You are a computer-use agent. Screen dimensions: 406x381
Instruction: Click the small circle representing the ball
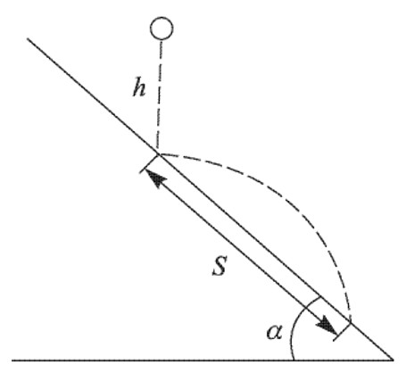[x=162, y=29]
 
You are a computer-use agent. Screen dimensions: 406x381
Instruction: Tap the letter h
[x=139, y=87]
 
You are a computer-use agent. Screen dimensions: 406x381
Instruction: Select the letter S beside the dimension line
[x=220, y=265]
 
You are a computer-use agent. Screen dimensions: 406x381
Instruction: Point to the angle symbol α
[x=274, y=332]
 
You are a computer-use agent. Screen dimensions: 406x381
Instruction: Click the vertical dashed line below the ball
[x=160, y=96]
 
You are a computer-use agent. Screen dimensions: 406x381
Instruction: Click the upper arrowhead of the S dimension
[x=156, y=179]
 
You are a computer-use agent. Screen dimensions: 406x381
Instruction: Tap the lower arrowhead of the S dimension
[x=327, y=327]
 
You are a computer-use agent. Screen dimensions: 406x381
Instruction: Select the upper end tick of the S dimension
[x=150, y=163]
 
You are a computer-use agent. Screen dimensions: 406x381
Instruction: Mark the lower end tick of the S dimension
[x=343, y=331]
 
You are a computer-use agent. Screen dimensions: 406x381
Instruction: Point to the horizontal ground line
[x=203, y=360]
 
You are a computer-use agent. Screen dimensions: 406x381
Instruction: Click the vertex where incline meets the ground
[x=393, y=360]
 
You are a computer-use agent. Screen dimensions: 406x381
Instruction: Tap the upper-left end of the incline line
[x=28, y=38]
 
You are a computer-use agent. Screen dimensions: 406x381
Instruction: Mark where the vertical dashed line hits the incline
[x=158, y=153]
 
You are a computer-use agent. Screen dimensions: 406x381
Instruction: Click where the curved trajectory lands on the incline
[x=351, y=322]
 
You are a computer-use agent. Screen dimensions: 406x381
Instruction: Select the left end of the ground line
[x=12, y=360]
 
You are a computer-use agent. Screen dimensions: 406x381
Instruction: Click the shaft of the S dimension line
[x=241, y=253]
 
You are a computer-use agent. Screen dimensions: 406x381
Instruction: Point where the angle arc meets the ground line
[x=294, y=360]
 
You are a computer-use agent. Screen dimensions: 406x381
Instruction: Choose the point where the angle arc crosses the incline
[x=321, y=296]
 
